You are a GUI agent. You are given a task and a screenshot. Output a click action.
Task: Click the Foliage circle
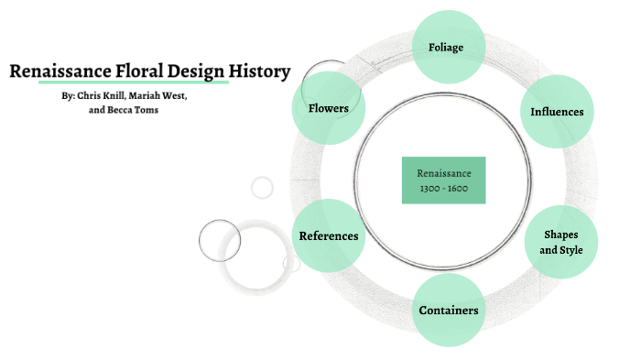point(446,47)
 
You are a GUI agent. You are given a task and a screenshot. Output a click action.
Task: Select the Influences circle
point(557,112)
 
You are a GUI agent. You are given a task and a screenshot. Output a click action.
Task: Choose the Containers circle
point(449,310)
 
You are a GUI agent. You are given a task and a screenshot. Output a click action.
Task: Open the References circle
point(329,235)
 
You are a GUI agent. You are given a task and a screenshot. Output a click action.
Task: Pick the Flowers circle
point(328,108)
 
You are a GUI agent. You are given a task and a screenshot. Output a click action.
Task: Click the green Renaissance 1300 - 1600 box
point(444,180)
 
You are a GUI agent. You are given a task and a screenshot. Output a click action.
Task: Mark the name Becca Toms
point(137,110)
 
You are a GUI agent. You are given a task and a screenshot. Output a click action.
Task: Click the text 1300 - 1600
point(444,188)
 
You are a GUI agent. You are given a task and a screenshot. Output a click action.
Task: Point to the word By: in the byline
point(67,95)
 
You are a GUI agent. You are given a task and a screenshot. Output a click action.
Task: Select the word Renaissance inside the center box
point(444,172)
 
